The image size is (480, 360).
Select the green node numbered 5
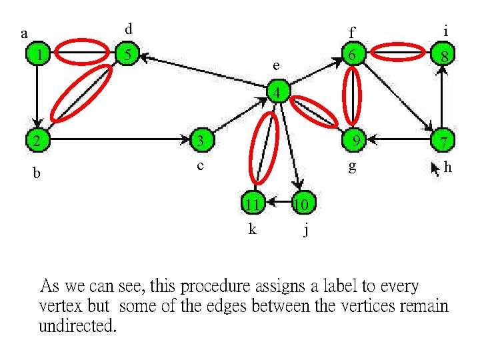point(127,54)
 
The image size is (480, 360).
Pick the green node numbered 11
point(252,203)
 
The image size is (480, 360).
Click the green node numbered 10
point(300,203)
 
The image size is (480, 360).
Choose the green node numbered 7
point(443,141)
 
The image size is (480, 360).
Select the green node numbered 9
point(355,139)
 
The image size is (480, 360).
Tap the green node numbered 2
point(37,140)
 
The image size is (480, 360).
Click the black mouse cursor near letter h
point(436,167)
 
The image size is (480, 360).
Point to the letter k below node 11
point(252,229)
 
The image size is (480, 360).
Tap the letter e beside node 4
point(275,66)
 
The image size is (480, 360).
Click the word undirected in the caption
point(77,327)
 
